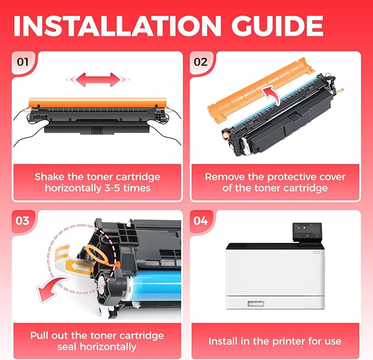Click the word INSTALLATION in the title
117,26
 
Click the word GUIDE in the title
277,26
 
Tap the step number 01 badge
23,62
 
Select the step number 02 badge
201,62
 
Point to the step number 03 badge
23,221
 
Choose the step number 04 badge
201,221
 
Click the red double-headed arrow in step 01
98,80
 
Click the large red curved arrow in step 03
51,288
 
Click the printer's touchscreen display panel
307,232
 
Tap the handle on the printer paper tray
256,303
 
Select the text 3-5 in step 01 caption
112,188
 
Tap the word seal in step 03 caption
68,347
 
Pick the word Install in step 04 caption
223,341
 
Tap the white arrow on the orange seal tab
79,267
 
